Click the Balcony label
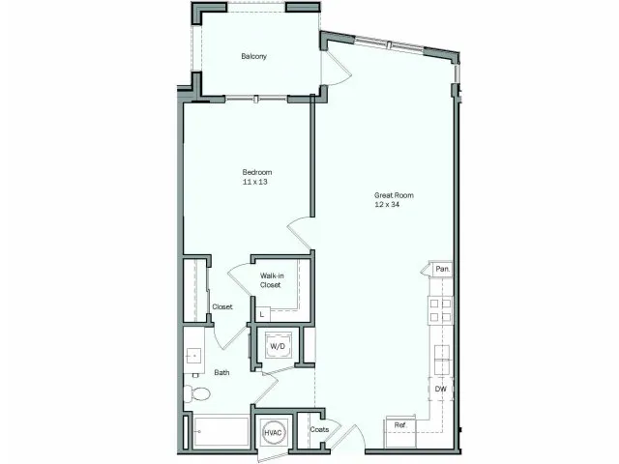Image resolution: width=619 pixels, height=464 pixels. (x=253, y=56)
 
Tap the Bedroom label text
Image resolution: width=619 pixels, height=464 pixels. (x=257, y=172)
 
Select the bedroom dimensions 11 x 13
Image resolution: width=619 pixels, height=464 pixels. (x=257, y=182)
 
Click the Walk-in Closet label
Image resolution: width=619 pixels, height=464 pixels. (x=271, y=280)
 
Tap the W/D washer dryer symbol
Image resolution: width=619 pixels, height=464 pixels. (x=277, y=345)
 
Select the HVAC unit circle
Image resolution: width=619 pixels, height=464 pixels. (x=273, y=432)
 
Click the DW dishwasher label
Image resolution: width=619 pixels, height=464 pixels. (x=441, y=390)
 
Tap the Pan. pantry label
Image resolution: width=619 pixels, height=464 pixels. (x=442, y=268)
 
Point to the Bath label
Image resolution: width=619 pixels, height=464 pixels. (x=221, y=372)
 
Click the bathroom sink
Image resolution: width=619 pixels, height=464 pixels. (x=192, y=355)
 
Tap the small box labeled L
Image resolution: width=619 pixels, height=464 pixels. (x=262, y=314)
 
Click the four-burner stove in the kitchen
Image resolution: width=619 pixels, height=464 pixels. (x=440, y=309)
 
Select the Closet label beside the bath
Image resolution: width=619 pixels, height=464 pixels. (x=222, y=307)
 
